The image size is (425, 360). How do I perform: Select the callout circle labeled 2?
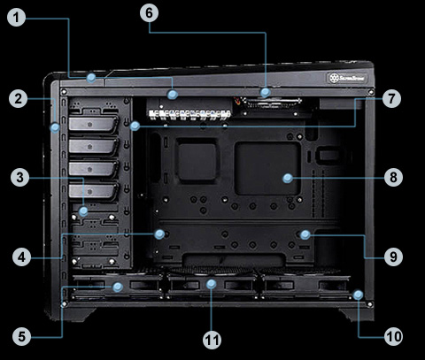click(17, 99)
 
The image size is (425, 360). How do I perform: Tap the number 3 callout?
click(17, 178)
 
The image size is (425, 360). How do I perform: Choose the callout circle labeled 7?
click(393, 98)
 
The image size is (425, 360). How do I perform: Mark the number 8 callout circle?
click(393, 177)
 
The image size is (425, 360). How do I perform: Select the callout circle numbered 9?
click(393, 257)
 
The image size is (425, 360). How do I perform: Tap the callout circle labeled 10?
click(393, 335)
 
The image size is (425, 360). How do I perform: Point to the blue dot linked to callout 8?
click(287, 178)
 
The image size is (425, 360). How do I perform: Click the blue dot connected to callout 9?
click(304, 234)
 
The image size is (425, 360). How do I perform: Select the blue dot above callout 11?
click(212, 284)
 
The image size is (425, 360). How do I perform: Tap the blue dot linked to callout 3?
click(82, 211)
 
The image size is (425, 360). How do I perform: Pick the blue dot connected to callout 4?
click(160, 234)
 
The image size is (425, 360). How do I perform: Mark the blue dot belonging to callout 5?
click(119, 287)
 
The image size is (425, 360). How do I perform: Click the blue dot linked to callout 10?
click(358, 294)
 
